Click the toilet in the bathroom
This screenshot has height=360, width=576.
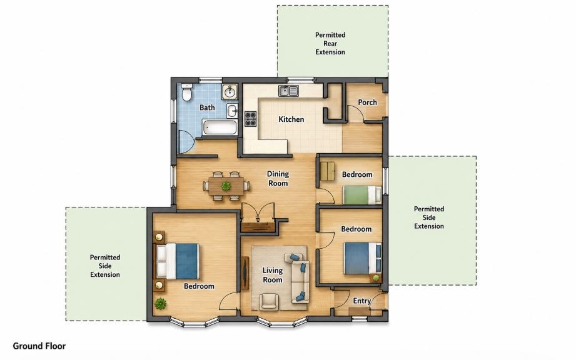187,92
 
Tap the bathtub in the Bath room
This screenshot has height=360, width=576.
220,127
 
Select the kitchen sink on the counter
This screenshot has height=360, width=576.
288,91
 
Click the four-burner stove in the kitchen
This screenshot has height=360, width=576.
251,119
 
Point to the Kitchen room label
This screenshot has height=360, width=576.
291,119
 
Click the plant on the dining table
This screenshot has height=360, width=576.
226,186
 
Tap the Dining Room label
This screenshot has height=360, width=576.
278,179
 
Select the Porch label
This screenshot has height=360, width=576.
367,102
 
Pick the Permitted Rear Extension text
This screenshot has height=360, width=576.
330,43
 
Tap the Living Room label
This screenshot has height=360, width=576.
273,275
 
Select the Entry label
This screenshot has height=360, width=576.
362,301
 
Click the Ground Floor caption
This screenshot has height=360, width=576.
39,346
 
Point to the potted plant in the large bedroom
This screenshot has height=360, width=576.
160,304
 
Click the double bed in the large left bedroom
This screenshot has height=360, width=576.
178,261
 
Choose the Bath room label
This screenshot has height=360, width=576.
207,107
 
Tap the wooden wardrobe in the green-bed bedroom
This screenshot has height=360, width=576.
327,171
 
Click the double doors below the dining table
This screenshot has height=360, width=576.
258,212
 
